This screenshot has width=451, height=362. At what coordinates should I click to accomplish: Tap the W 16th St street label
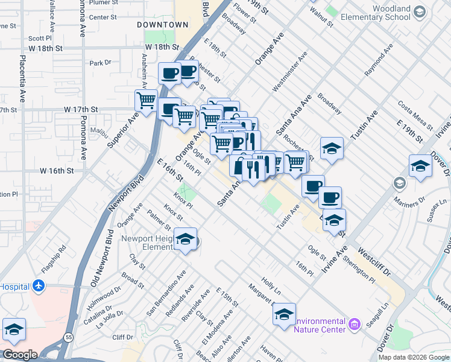[x=53, y=171]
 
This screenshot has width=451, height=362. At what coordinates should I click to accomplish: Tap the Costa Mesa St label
[x=415, y=115]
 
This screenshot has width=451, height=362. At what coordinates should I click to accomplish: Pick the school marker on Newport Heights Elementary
[x=186, y=239]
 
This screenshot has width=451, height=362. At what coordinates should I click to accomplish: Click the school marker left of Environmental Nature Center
[x=284, y=314]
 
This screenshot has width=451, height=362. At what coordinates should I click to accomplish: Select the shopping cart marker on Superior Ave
[x=146, y=100]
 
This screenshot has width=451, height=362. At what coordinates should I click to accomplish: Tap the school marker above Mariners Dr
[x=420, y=166]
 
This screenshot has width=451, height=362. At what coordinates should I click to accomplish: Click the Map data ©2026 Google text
[x=414, y=357]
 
